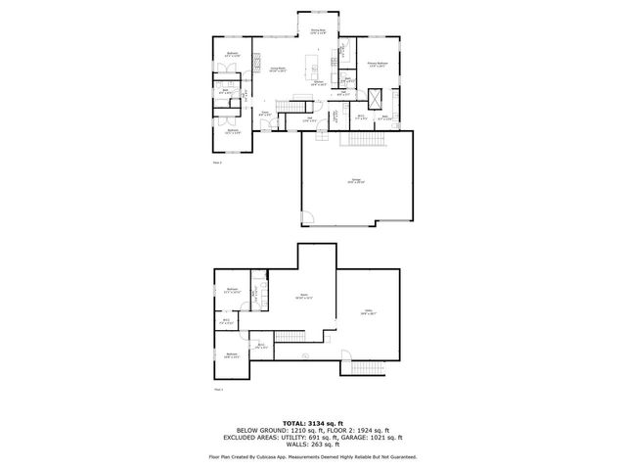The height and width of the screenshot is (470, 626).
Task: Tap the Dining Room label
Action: [x=318, y=33]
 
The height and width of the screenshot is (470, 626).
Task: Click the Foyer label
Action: [x=264, y=114]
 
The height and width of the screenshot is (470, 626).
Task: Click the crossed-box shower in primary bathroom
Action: [x=375, y=100]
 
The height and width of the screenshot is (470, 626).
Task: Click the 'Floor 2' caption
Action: [x=217, y=163]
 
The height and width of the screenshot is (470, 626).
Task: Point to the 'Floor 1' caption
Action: [x=218, y=390]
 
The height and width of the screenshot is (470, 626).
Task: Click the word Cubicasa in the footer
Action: [x=283, y=456]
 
